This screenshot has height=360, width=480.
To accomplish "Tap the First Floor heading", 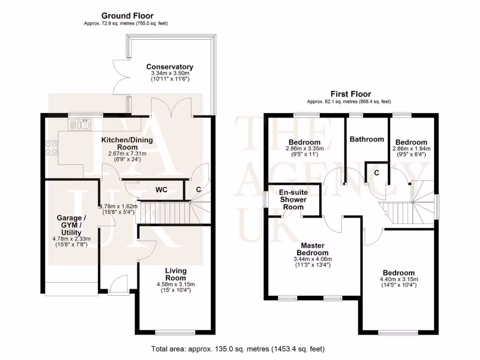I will click(351, 94).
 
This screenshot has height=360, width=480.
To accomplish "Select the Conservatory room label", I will click(169, 67).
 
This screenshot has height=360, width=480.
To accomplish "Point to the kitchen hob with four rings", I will click(51, 148).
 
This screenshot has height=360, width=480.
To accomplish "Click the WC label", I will click(161, 190).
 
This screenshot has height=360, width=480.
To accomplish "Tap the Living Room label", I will click(176, 274).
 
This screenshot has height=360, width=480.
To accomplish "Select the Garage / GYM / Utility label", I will click(71, 225).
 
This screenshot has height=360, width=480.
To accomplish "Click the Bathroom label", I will click(367, 139).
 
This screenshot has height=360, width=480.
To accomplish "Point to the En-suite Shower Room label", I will click(292, 199).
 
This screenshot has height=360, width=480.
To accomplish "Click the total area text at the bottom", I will click(237, 349).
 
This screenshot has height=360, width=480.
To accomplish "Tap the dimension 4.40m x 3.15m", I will click(398, 279).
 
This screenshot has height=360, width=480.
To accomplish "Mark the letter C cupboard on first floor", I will click(376, 172).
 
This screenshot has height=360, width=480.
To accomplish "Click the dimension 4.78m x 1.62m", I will click(117, 206).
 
